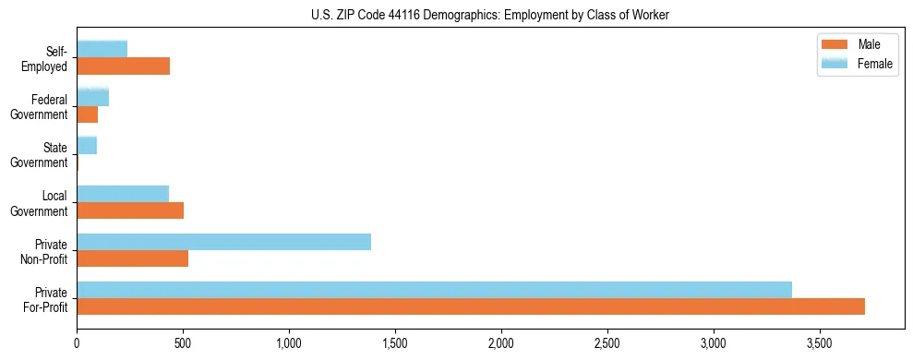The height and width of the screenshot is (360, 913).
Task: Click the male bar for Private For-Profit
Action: (471, 306)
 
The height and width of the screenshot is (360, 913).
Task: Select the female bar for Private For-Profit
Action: (434, 290)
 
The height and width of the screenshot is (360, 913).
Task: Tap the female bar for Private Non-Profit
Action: (223, 242)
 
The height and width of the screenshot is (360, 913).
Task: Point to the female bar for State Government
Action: (87, 146)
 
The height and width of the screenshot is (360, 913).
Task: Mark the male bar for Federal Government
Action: (87, 114)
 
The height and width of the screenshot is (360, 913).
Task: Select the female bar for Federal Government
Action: (92, 98)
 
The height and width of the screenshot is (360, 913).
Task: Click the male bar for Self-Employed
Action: (123, 66)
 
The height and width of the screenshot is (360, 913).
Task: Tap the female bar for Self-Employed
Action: (102, 50)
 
